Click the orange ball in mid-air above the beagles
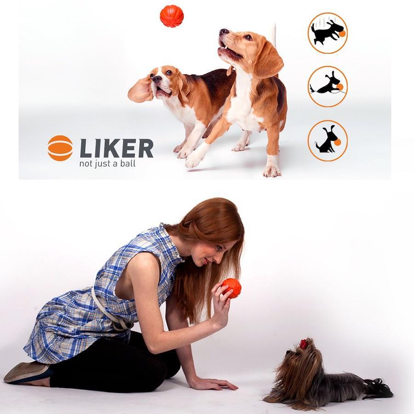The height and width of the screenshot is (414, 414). coord(172,16)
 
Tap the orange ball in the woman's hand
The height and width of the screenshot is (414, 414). coord(231,288)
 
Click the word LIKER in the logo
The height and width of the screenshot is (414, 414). coord(116,149)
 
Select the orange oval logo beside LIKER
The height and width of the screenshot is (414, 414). coord(60,148)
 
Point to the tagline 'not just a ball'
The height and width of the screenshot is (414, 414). coord(108,164)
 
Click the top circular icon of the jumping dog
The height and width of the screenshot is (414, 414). coord(328,33)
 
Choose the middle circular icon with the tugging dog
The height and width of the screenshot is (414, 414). coord(328,86)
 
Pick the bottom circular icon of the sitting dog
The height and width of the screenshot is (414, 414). coord(328,141)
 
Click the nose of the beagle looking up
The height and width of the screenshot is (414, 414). coord(224,32)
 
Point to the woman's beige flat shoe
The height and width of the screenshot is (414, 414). coord(26,372)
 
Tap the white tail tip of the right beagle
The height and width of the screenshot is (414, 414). coord(274,33)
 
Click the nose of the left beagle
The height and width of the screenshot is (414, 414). coord(157,79)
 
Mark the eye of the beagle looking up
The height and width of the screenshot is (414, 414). coord(248,37)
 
